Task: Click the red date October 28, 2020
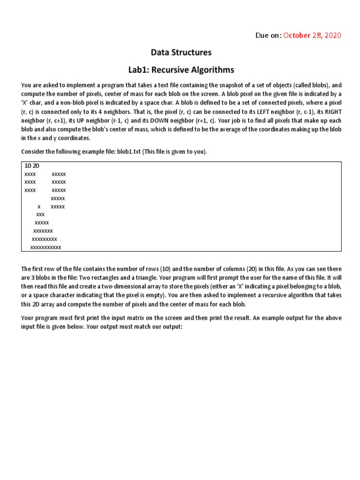pos(312,36)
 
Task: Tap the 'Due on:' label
pos(268,36)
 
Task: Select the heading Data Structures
pos(181,52)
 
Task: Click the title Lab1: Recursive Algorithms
pos(181,70)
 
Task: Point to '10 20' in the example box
pos(31,166)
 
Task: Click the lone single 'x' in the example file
pos(39,207)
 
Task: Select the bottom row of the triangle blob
pos(45,247)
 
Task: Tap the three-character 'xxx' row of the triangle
pos(40,215)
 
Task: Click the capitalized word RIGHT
pos(330,111)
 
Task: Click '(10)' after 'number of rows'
pos(165,269)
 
